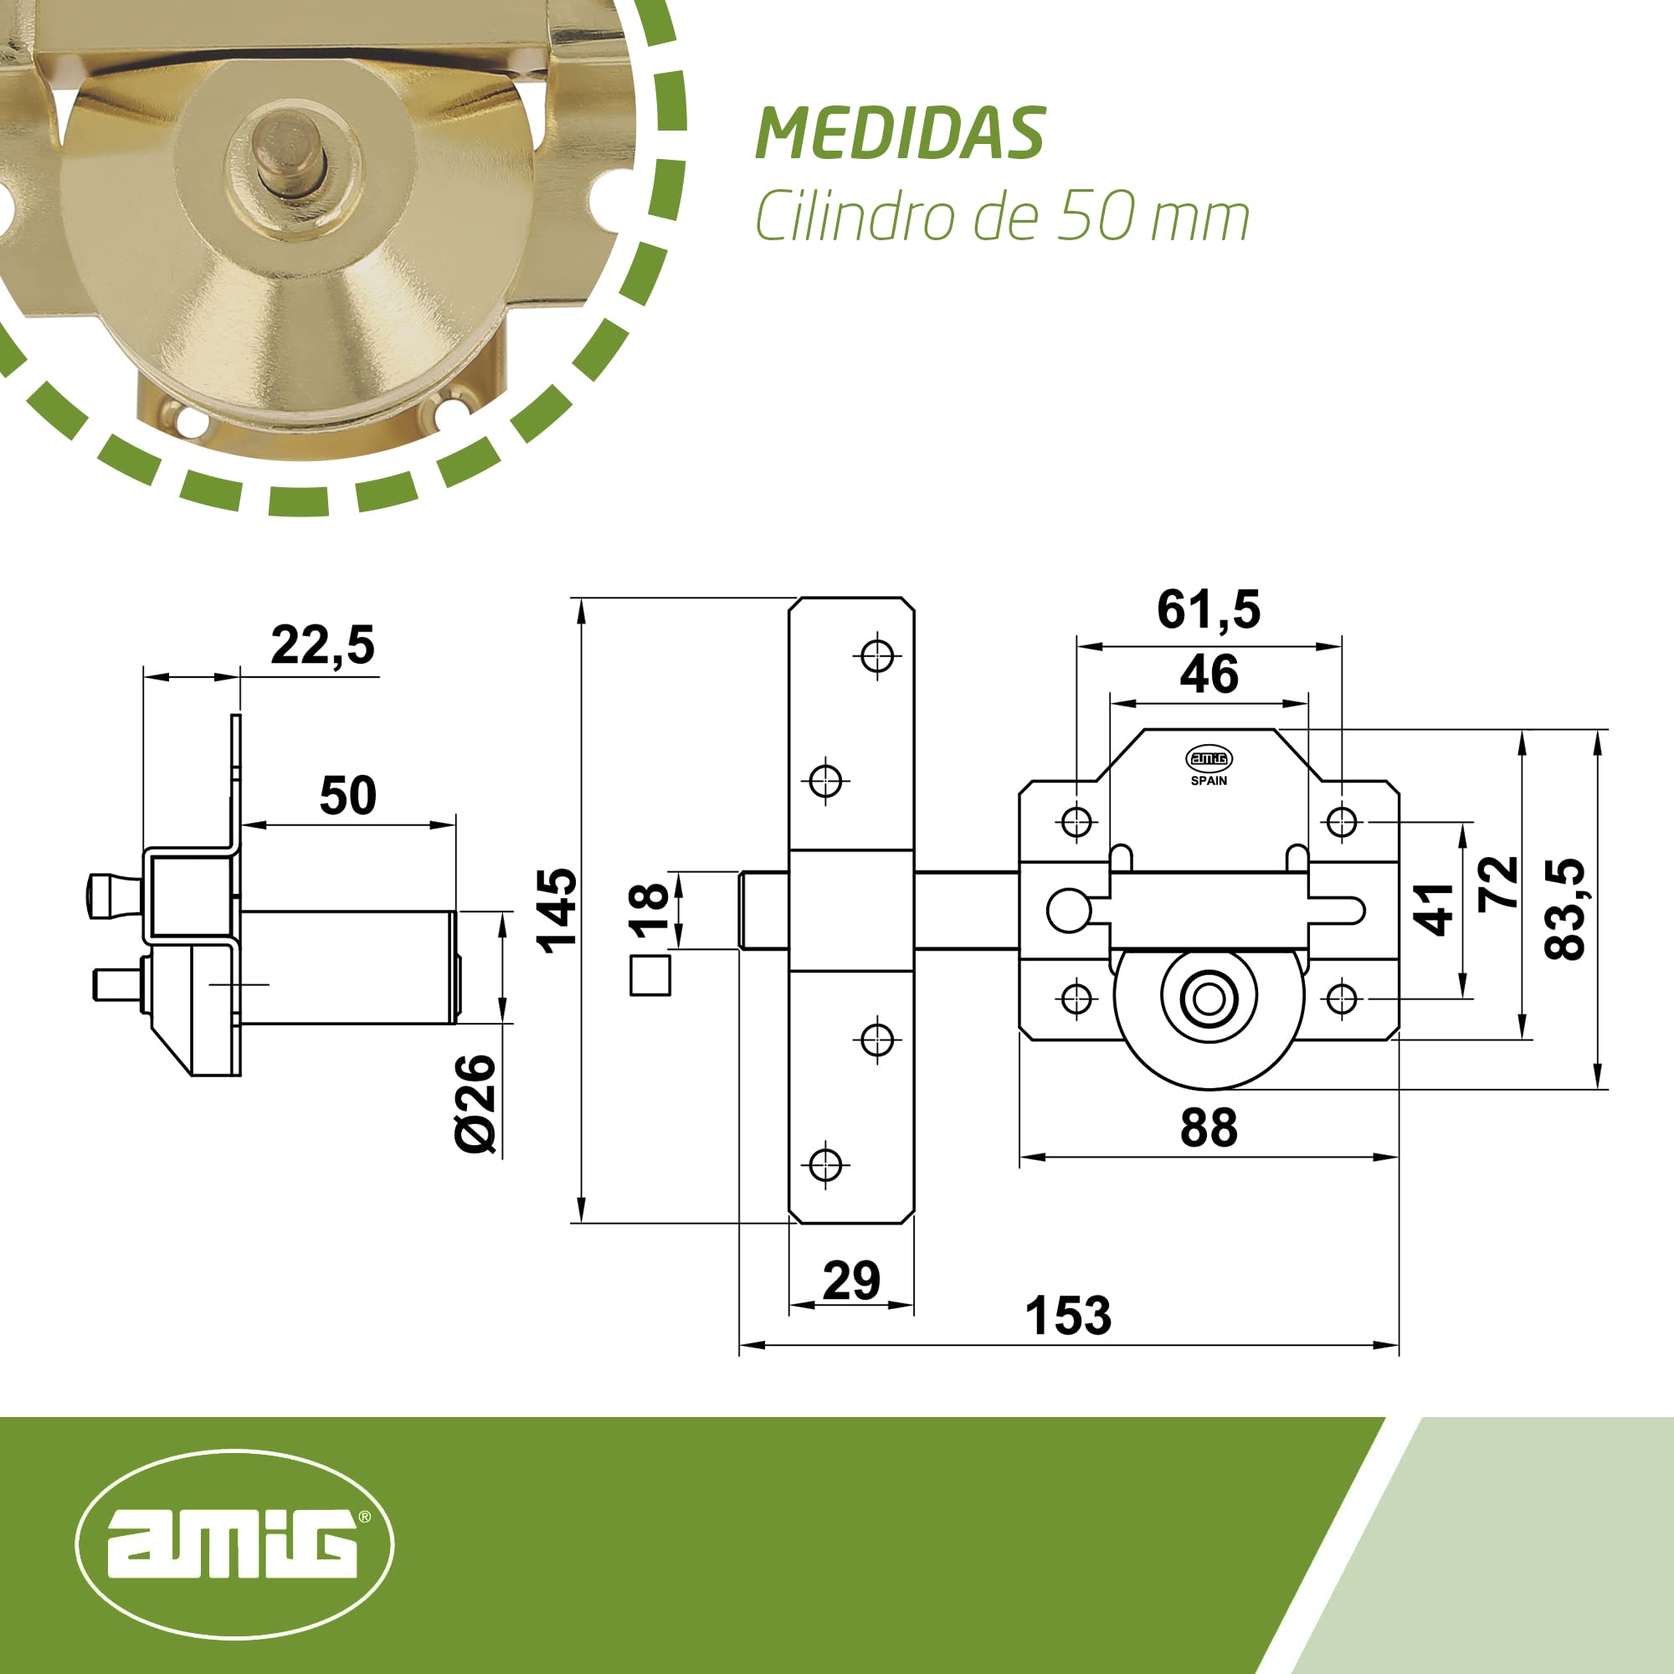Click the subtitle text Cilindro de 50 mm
point(1003,217)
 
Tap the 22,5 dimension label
point(322,645)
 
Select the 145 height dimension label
point(557,911)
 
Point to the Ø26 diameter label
point(475,1104)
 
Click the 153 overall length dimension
point(1067,1315)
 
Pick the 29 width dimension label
point(851,1280)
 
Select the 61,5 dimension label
point(1209,609)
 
